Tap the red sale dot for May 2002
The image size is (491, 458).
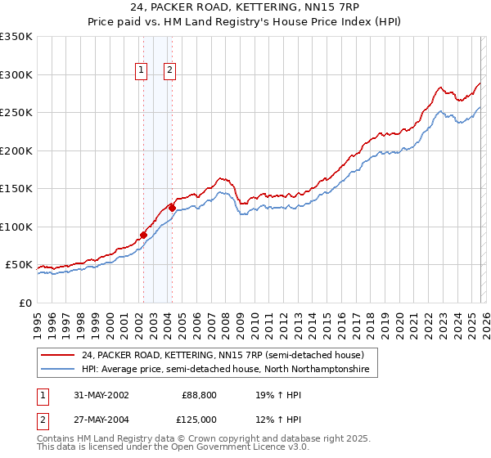143,236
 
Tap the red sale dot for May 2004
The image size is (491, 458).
172,208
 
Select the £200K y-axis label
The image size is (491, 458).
16,150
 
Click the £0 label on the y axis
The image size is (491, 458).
25,303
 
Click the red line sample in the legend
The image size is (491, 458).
58,355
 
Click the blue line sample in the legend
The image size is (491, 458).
58,370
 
